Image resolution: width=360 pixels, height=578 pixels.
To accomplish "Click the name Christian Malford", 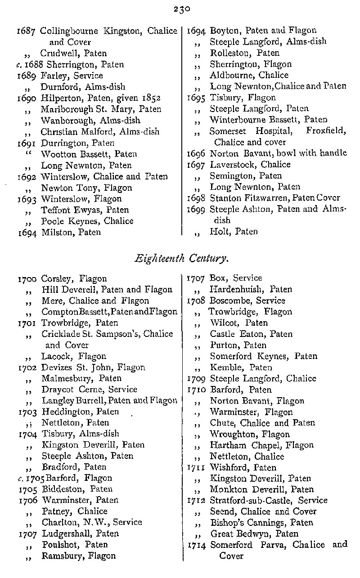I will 74,132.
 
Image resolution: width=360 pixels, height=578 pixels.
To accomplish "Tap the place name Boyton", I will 225,31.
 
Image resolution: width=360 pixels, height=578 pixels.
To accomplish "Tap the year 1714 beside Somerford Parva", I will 197,545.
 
